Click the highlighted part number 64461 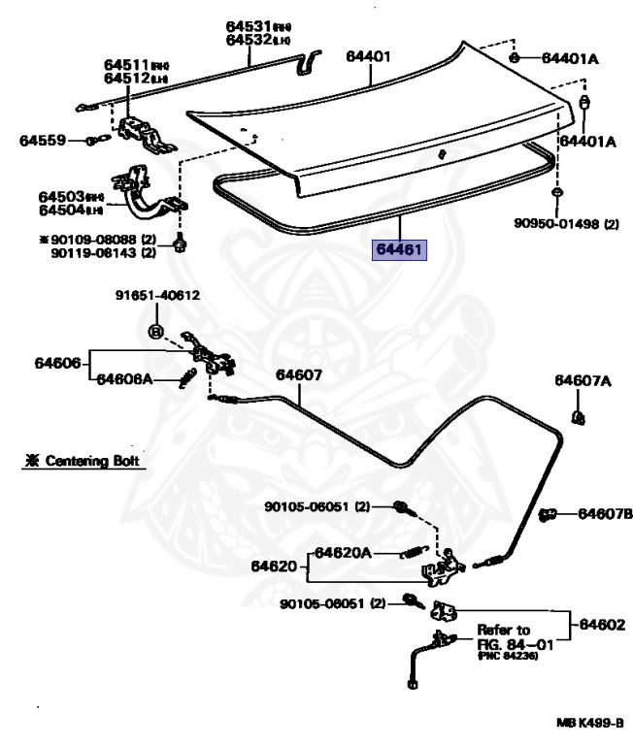401,250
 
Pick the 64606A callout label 123,378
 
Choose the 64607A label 583,380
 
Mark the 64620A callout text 342,553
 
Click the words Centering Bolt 92,461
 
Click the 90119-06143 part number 95,252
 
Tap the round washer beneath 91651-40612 154,331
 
